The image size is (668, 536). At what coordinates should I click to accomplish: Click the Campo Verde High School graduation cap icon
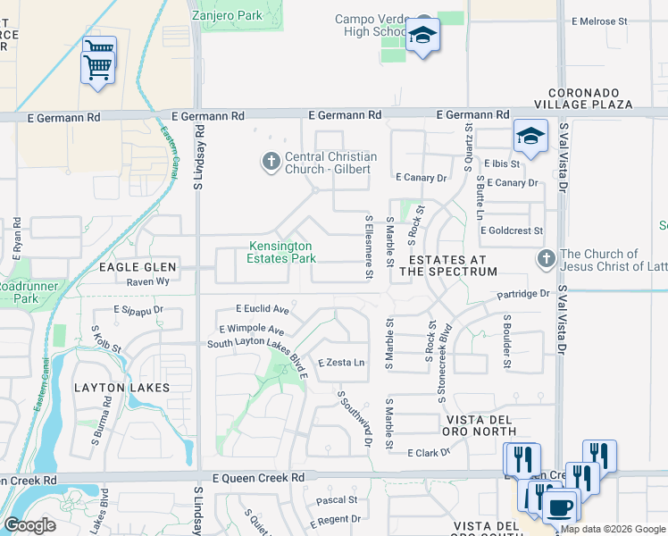click(422, 36)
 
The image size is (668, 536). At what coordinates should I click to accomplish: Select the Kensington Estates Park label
click(281, 252)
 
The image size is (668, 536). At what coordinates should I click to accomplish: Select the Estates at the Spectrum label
click(448, 264)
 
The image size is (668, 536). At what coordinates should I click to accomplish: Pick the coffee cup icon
click(560, 507)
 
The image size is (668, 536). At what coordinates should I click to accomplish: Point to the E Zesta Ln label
click(342, 363)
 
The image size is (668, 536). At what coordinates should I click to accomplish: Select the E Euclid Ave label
click(263, 309)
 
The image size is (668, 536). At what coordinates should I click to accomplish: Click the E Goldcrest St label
click(512, 230)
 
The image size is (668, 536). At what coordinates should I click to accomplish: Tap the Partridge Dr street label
click(524, 293)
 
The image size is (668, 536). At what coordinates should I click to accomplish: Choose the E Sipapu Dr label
click(138, 310)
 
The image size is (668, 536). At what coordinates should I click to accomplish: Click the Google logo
click(29, 525)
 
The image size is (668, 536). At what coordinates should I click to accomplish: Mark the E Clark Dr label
click(429, 453)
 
